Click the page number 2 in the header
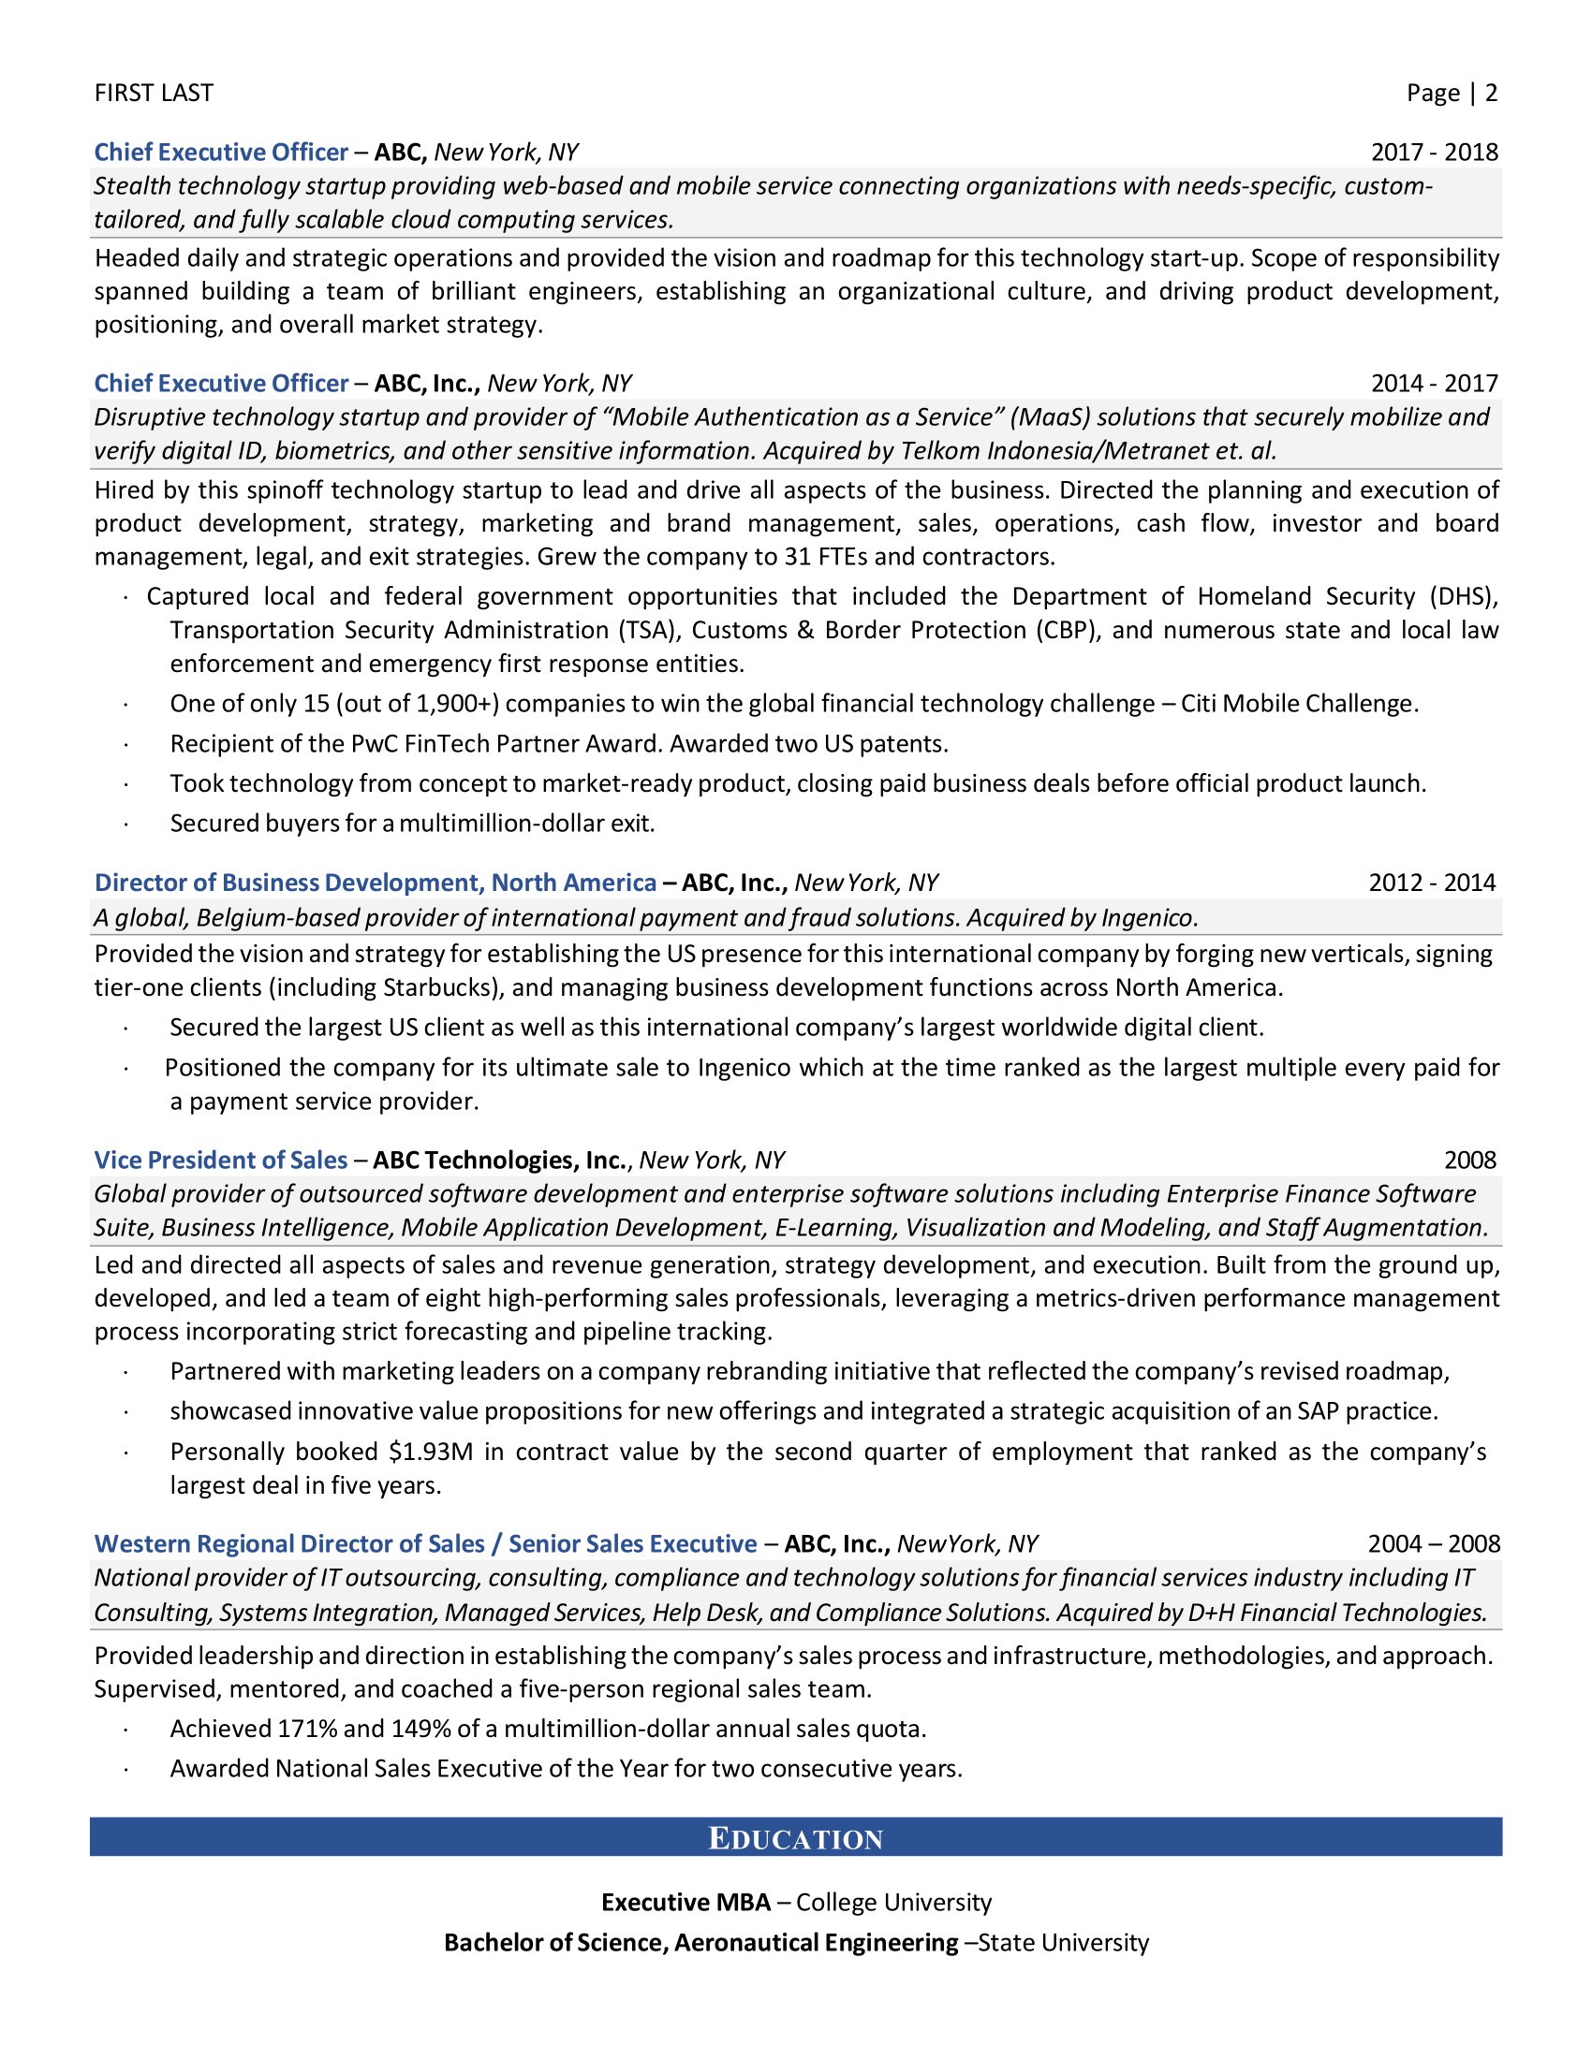[x=1490, y=93]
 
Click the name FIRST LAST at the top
[x=154, y=93]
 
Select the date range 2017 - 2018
[x=1434, y=152]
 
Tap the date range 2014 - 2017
[x=1434, y=383]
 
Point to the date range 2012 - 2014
[x=1432, y=883]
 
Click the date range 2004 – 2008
[x=1434, y=1543]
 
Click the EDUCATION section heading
[x=795, y=1838]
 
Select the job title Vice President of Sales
[x=221, y=1160]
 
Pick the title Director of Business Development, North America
[x=376, y=883]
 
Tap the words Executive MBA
[x=685, y=1903]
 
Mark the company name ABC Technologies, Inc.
[x=500, y=1160]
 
